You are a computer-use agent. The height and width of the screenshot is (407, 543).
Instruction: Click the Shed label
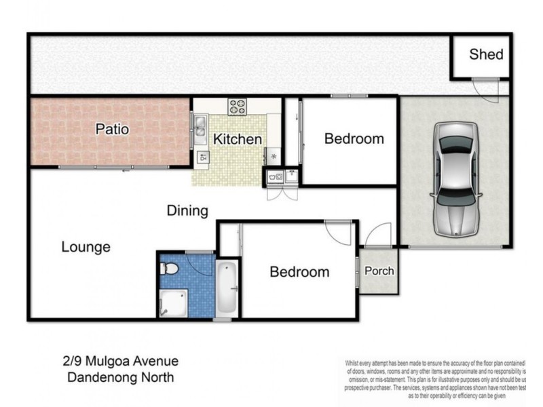486,54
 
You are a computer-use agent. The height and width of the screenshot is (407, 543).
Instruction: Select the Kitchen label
238,140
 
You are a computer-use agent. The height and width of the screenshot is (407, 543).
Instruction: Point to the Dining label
187,211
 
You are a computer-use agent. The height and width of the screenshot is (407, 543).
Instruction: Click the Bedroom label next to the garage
354,139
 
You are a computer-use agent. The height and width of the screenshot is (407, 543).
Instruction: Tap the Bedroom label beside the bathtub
299,272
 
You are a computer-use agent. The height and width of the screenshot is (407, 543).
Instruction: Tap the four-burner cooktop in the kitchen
237,106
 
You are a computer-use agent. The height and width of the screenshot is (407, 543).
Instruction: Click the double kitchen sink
200,128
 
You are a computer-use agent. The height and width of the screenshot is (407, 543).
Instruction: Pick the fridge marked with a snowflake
273,155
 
